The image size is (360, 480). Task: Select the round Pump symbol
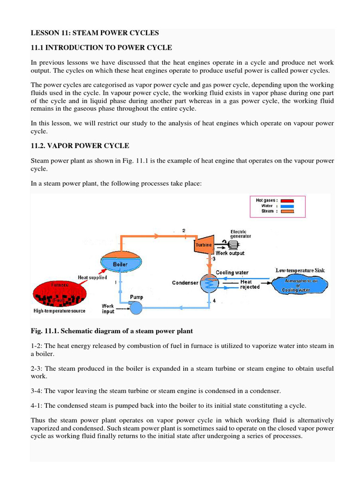[136, 307]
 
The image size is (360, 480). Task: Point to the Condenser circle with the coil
[207, 283]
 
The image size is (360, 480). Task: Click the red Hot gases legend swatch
[287, 200]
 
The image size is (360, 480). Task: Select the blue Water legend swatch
[287, 206]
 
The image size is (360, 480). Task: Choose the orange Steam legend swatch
[287, 211]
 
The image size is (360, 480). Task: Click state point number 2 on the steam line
[184, 231]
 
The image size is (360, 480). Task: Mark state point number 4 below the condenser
[214, 301]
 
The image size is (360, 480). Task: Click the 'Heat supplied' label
[92, 277]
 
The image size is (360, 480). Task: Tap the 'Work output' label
[230, 253]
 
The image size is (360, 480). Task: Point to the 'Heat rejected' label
[250, 285]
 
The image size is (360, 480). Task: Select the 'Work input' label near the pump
[108, 309]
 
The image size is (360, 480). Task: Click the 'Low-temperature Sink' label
[300, 270]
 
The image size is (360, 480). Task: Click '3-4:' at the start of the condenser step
[37, 390]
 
